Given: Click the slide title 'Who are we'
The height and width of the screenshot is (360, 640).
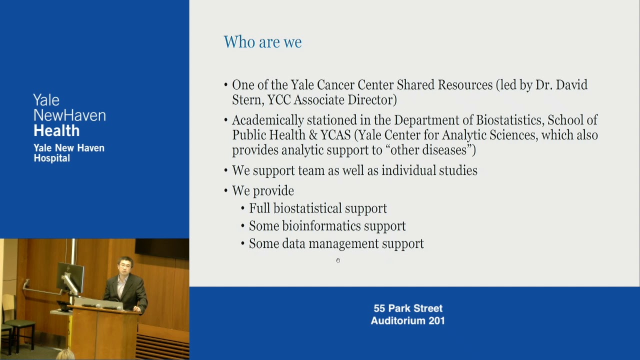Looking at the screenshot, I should point(262,42).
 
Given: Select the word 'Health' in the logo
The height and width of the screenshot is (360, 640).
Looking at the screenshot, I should point(56,131).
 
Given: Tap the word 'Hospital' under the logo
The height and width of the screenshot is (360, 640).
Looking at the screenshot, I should point(51,158).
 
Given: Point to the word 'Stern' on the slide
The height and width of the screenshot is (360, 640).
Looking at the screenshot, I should point(247,100).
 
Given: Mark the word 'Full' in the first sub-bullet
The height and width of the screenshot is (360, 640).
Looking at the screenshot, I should point(259,208).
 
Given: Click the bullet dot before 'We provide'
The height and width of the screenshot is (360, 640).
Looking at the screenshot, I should point(226,191).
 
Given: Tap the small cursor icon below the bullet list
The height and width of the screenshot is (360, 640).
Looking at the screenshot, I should point(338,260).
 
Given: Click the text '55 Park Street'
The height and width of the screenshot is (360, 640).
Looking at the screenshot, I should point(408,308).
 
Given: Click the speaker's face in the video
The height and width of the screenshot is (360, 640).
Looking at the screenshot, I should point(124,266).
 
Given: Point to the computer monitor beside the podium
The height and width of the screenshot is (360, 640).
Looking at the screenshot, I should point(70,275).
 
